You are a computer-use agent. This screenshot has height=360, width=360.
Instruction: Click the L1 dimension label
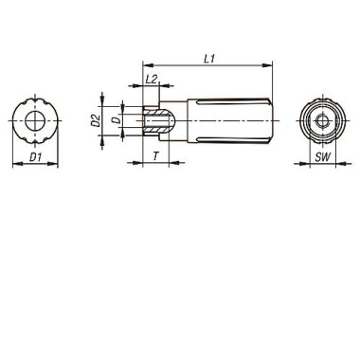[x=209, y=59]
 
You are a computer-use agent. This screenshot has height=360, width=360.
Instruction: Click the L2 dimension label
[x=152, y=80]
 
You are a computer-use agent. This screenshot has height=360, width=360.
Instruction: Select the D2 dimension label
[x=96, y=120]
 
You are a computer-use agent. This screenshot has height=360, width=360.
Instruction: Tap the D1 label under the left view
[x=35, y=157]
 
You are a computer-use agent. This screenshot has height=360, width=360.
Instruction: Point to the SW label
[x=322, y=157]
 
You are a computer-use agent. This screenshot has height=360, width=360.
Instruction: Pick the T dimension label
[x=155, y=156]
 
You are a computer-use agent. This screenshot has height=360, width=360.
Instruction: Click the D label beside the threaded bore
[x=117, y=120]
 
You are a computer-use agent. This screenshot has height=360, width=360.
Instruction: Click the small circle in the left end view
[x=35, y=120]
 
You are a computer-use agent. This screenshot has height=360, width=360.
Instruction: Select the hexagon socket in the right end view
[x=322, y=120]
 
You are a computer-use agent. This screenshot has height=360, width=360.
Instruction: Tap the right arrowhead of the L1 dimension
[x=267, y=65]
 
